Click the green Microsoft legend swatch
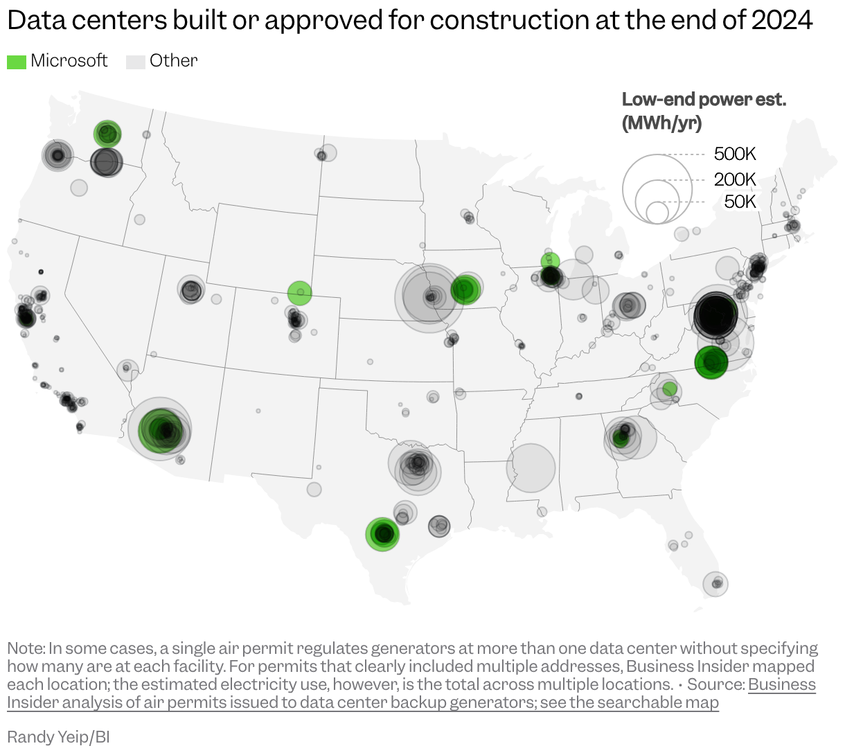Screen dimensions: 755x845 (17, 62)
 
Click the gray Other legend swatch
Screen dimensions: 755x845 (135, 62)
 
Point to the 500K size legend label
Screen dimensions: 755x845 (735, 154)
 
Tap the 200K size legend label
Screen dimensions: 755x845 (735, 179)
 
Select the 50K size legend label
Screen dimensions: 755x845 (740, 202)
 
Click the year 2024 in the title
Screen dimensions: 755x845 (782, 21)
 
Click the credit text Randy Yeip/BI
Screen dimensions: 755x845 (58, 736)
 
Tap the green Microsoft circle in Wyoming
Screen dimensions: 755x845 (299, 293)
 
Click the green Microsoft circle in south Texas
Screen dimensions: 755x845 (382, 533)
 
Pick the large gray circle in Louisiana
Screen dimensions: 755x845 (531, 468)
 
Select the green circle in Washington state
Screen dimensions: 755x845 (107, 133)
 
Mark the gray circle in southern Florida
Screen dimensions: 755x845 (715, 584)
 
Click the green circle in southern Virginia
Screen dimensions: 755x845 (711, 362)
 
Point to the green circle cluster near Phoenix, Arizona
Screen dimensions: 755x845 (162, 430)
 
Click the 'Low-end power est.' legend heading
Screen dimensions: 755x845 (704, 100)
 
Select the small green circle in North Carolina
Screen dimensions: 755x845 (669, 389)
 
